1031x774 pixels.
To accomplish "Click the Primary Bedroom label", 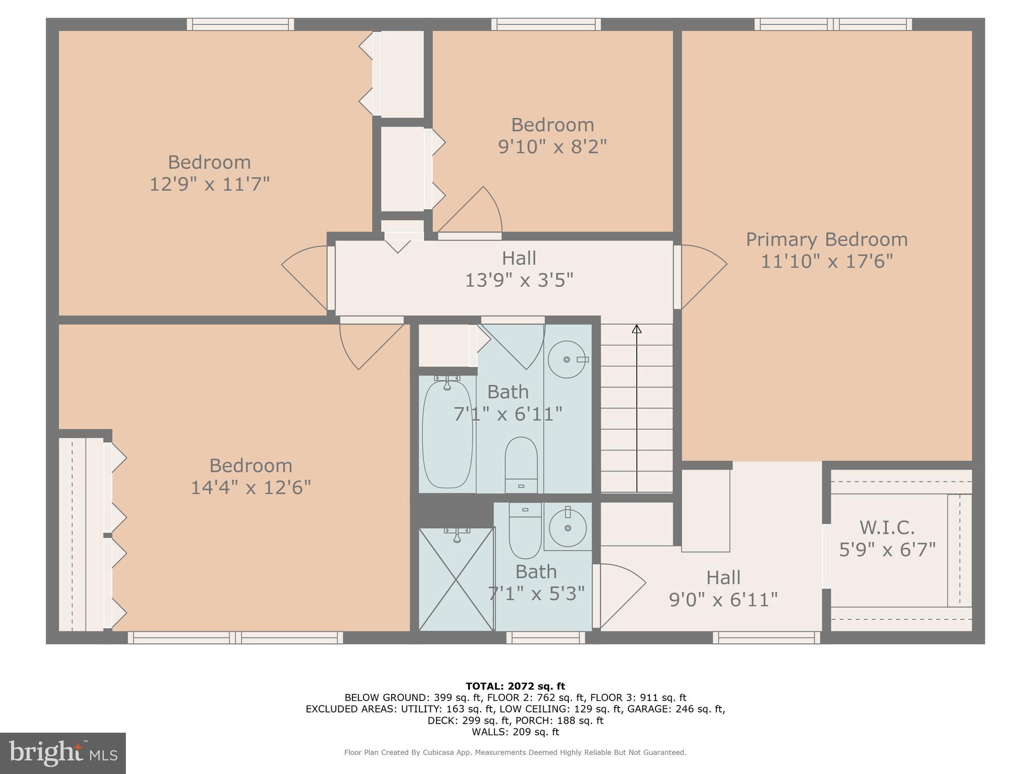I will pos(827,239).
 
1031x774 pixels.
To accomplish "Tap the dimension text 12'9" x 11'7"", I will pos(209,184).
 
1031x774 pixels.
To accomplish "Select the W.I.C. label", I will pos(887,528).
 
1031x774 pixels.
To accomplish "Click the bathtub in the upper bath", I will pos(447,434).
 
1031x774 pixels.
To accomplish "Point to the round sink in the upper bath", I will pos(567,359).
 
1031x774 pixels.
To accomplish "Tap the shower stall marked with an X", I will pos(456,579).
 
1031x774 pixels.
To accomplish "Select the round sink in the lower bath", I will pos(568,528).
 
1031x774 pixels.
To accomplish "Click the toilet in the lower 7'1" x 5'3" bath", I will pos(525,532).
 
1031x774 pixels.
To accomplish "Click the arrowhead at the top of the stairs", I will pos(637,329).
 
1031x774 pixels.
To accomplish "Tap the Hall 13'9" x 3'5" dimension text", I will pos(519,280).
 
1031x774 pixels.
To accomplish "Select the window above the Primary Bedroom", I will pos(833,24).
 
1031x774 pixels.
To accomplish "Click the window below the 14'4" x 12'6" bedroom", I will pos(235,637).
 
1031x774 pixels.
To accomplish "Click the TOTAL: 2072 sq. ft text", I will pos(515,686).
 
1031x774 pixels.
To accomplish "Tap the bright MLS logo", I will pos(63,753).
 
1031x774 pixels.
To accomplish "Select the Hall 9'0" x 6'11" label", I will pos(723,589).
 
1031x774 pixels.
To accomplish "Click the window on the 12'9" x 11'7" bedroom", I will pos(240,24).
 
